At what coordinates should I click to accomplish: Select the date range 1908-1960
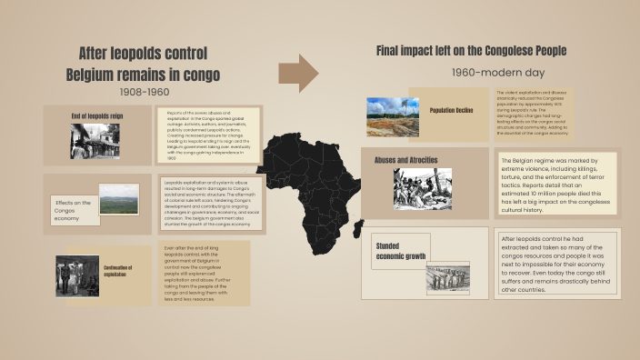pos(144,92)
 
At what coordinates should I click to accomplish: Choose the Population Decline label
pos(454,110)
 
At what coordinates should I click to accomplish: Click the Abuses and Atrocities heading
pos(406,160)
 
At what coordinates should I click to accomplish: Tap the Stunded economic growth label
pos(401,251)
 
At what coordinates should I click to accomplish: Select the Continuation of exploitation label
pos(119,271)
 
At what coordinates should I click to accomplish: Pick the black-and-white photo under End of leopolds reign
pos(95,142)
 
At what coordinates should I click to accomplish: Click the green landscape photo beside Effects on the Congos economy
pos(119,199)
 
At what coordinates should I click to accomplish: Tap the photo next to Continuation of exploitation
pos(77,275)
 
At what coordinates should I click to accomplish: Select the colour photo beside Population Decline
pos(393,116)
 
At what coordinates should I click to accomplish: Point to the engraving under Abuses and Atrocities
pos(421,188)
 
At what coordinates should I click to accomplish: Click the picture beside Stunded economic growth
pos(448,277)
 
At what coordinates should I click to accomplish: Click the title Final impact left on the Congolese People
pos(471,51)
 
